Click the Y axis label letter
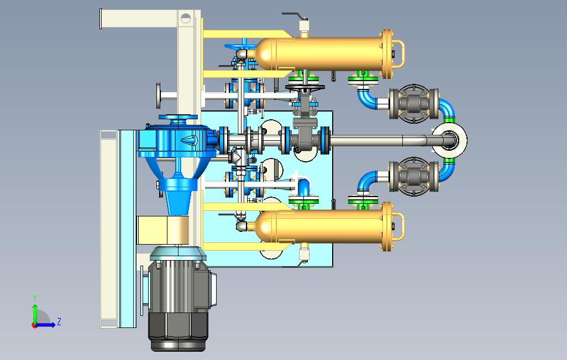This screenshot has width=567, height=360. pos(35,298)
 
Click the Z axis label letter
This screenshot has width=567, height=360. pos(59,321)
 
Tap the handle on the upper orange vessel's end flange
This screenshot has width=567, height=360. pos(399,54)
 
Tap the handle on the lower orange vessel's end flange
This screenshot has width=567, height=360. pos(399,226)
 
